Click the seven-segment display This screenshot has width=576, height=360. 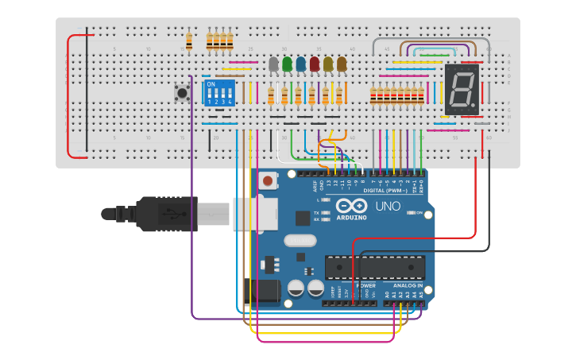click(x=461, y=88)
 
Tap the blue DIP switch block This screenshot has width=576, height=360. click(x=220, y=92)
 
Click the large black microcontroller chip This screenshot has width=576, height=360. click(x=374, y=268)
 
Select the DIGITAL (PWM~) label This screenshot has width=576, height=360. click(x=385, y=191)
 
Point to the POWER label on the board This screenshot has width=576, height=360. click(x=365, y=285)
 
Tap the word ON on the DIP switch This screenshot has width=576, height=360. click(x=211, y=83)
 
